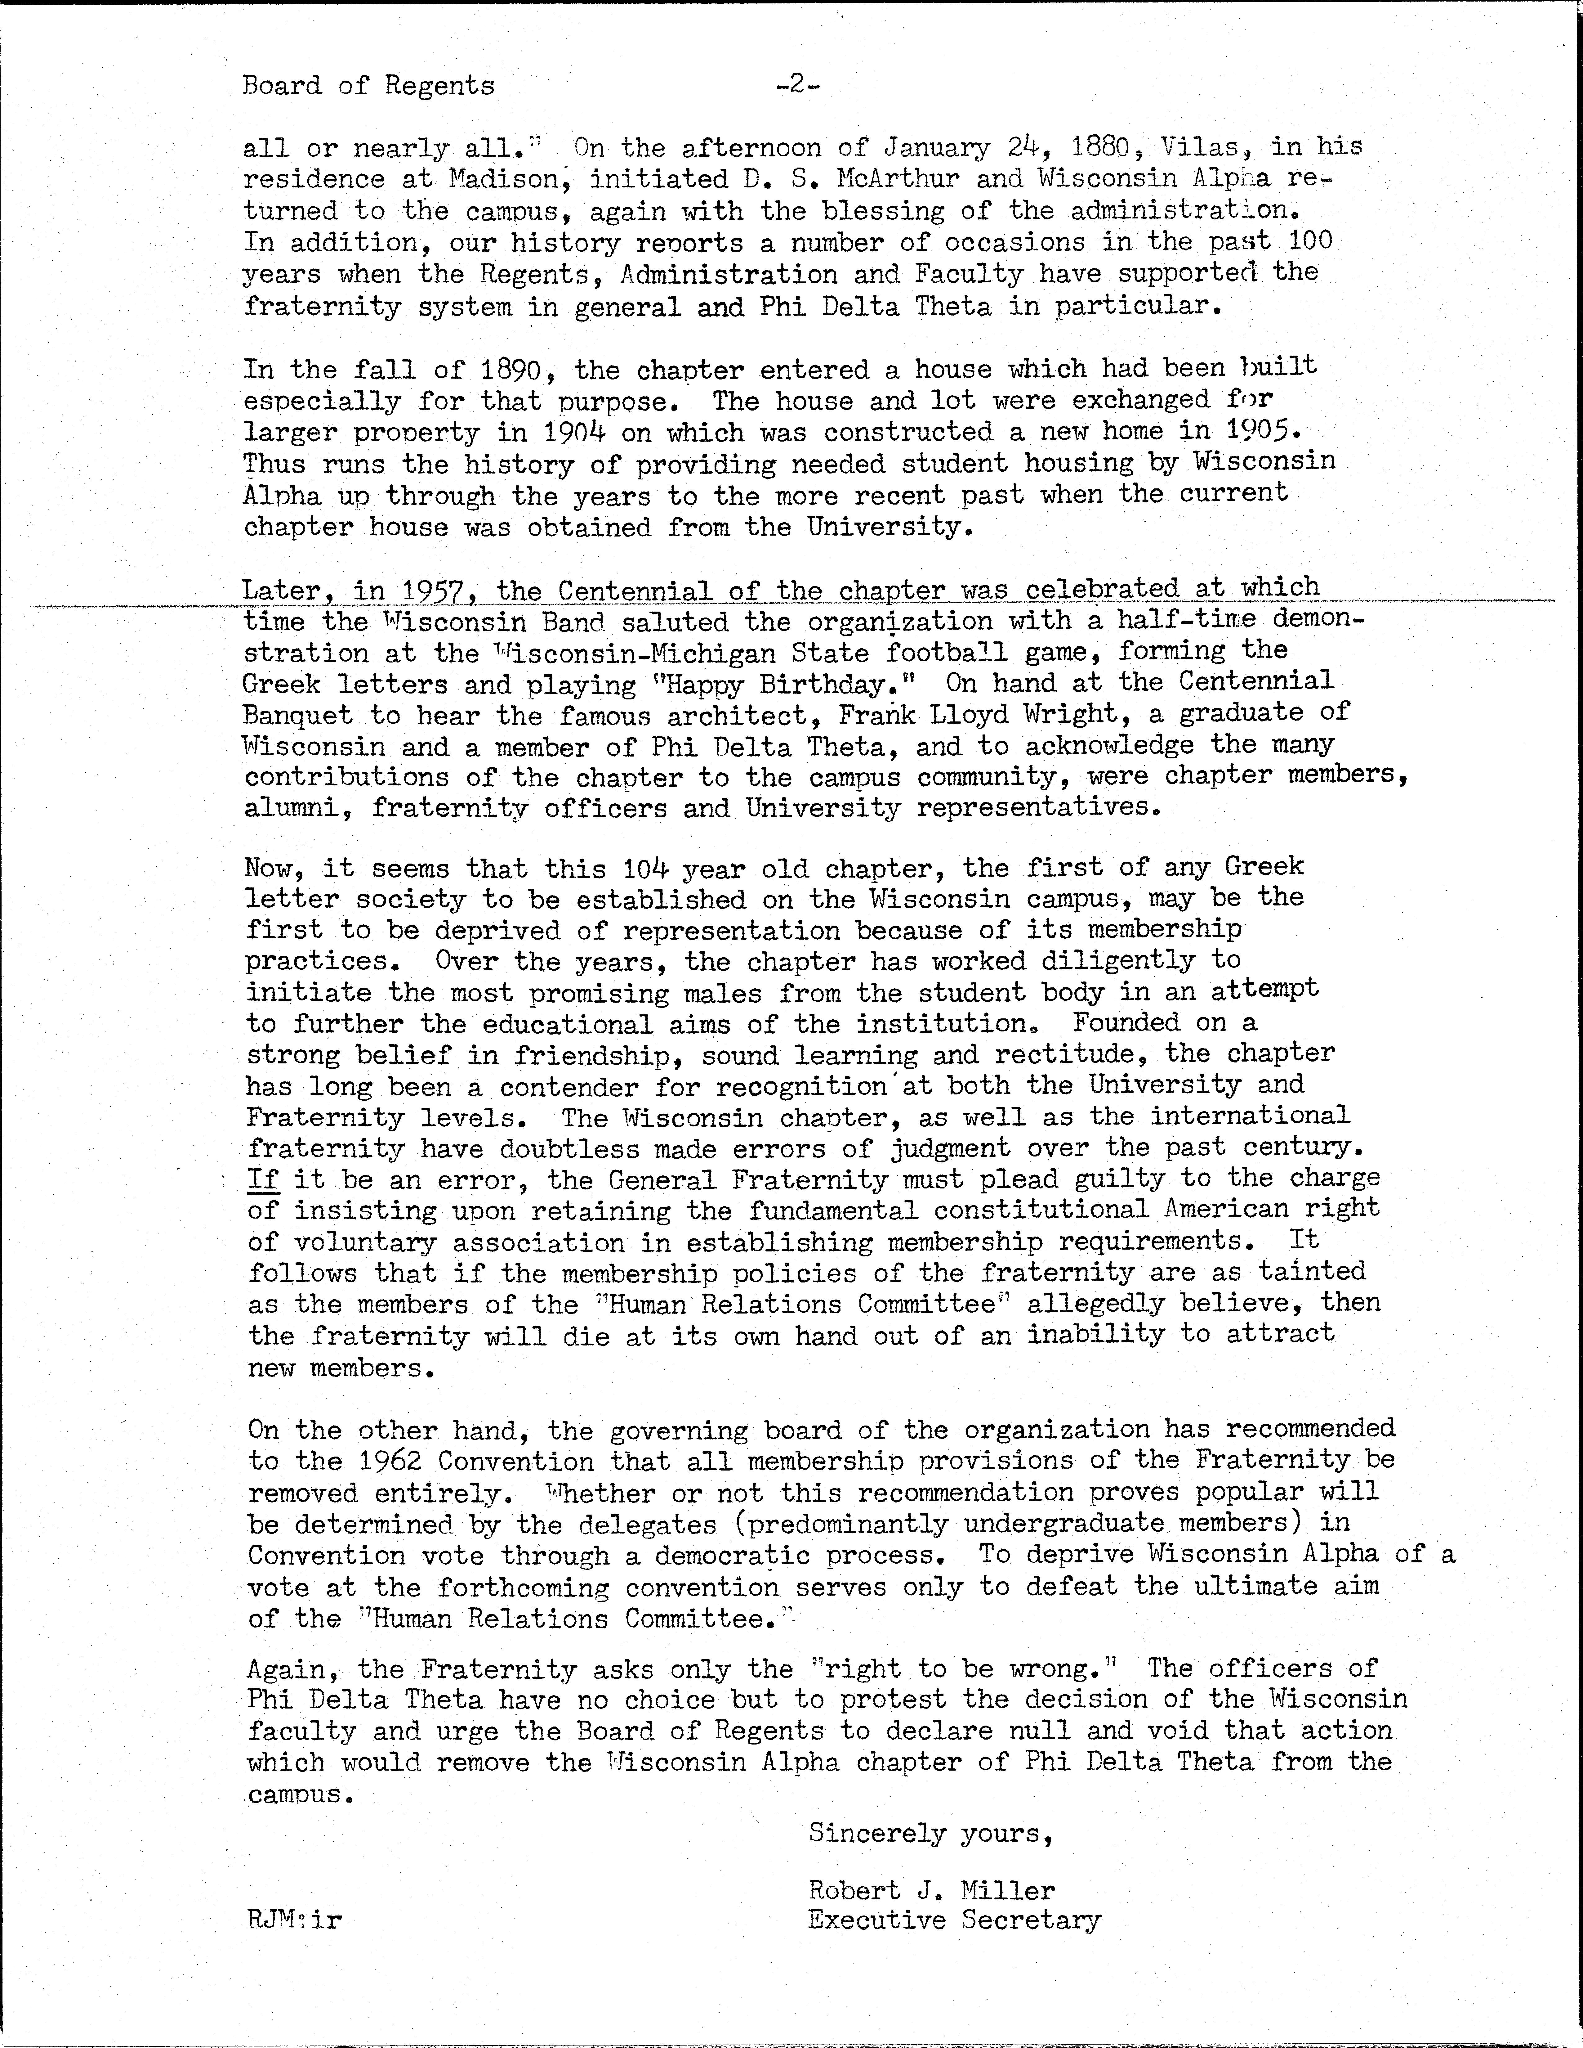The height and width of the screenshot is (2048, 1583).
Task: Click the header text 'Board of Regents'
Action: (x=368, y=86)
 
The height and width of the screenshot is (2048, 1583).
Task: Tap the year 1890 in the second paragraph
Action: (x=511, y=371)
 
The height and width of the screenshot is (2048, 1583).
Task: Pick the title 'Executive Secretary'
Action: (x=954, y=1920)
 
